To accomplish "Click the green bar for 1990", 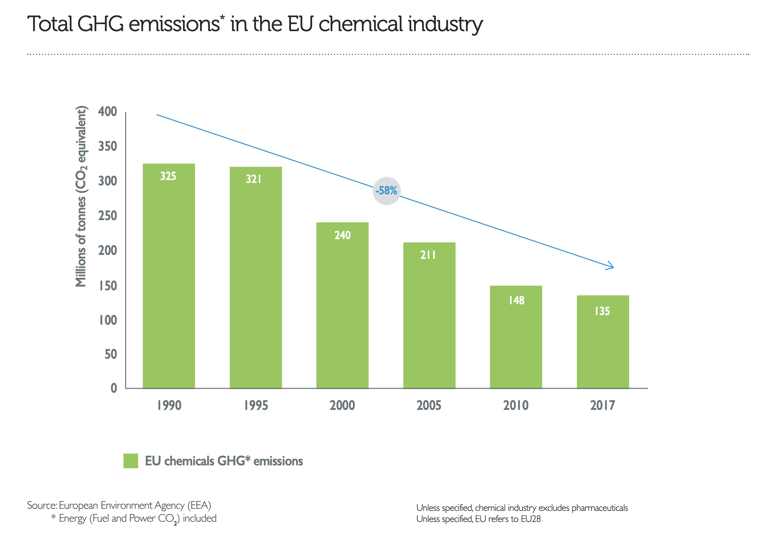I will (169, 276).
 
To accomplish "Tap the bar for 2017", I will (603, 342).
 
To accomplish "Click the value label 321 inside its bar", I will (253, 179).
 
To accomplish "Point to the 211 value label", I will (428, 255).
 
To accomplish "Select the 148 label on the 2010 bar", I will (516, 300).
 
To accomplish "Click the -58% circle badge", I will (387, 191).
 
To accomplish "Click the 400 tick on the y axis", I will (107, 111).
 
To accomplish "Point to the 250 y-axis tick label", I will (107, 216).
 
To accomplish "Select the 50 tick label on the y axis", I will (111, 354).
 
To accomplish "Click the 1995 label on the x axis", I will (256, 405).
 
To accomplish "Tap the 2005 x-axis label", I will (429, 405).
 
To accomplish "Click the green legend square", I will (131, 461).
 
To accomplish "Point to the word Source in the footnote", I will (41, 505).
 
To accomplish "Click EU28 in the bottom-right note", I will (530, 519).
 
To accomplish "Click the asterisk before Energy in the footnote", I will (53, 517).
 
